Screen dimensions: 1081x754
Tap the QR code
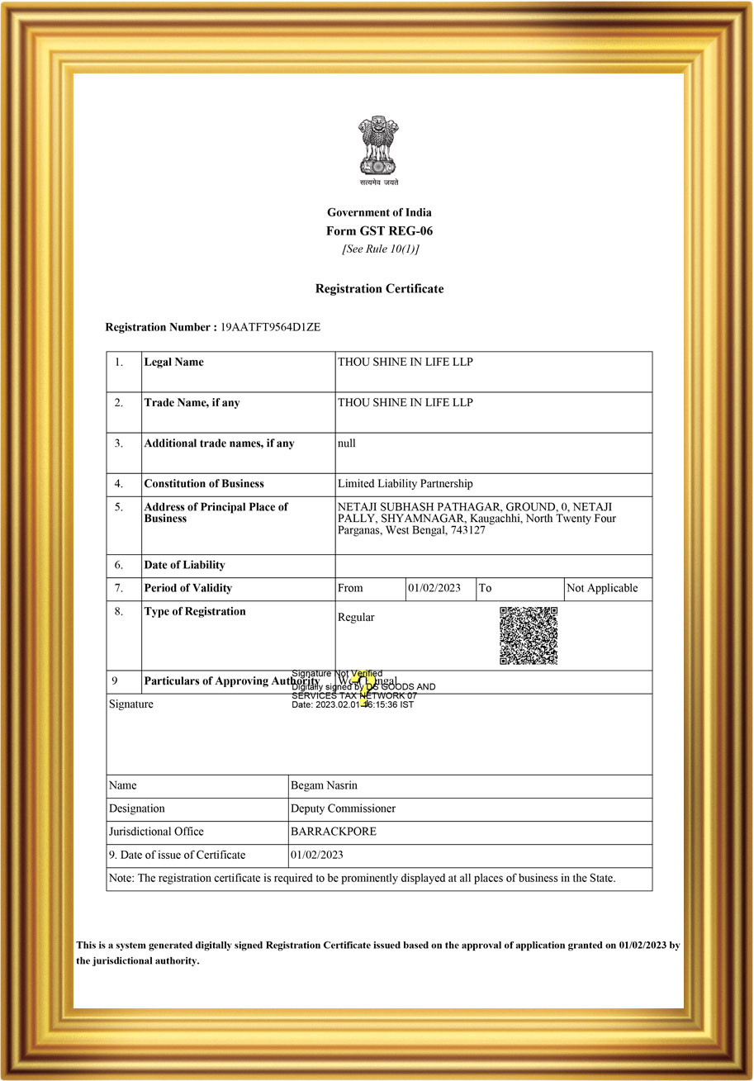pos(529,635)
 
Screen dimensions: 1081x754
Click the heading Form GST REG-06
pos(379,231)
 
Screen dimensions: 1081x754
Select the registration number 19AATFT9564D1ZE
pos(270,327)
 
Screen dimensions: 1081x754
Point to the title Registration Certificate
pos(379,289)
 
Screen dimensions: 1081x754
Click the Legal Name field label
pos(173,362)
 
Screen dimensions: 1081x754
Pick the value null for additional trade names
pos(347,443)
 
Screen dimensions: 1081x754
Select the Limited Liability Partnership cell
pos(405,484)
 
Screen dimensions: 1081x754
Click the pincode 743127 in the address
pos(468,530)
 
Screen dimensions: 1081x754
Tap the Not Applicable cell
pos(602,588)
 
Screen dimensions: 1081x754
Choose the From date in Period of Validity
pos(434,588)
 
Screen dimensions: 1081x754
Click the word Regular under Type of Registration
pos(356,617)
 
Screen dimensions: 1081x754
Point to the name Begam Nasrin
pos(324,785)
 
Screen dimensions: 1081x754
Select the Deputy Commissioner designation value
pos(343,808)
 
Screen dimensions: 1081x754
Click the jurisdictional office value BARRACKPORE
pos(334,832)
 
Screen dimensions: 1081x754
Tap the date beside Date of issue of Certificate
pos(316,855)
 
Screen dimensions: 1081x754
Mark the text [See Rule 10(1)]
pos(380,249)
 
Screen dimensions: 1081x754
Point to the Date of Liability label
pos(184,566)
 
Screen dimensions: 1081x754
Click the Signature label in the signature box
pos(131,704)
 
